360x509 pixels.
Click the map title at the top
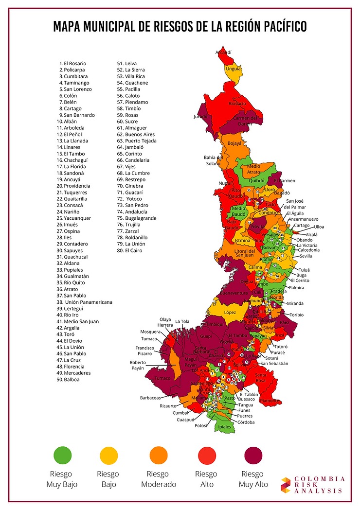pyautogui.click(x=180, y=26)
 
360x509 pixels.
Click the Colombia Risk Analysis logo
pyautogui.click(x=313, y=485)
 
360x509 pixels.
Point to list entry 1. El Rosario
pyautogui.click(x=73, y=63)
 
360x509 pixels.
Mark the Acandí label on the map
pyautogui.click(x=223, y=52)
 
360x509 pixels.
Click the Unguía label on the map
pyautogui.click(x=233, y=69)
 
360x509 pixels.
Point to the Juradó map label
pyautogui.click(x=200, y=117)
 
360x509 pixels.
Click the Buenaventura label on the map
pyautogui.click(x=233, y=293)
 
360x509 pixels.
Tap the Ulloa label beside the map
pyautogui.click(x=320, y=227)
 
